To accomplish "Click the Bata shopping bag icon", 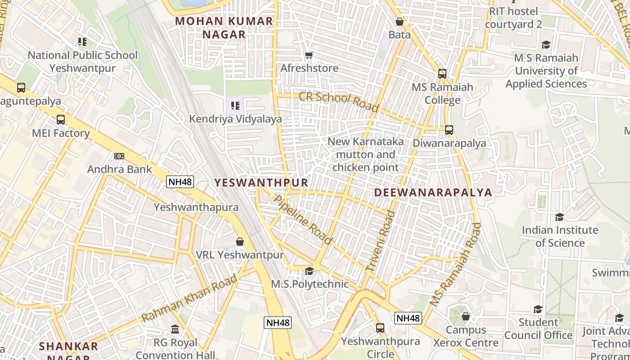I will coord(399,22).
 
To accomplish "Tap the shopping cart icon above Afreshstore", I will coord(309,55).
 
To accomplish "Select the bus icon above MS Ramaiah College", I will coord(442,74).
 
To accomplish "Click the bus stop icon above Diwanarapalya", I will coord(449,130).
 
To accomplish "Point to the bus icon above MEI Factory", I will coord(61,120).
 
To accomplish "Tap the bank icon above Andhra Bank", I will coord(119,156).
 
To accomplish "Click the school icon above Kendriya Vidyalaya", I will coord(235,106).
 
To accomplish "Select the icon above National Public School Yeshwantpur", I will coord(82,42).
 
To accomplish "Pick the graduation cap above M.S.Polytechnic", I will coord(309,271).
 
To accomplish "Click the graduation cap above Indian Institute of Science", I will coord(559,217).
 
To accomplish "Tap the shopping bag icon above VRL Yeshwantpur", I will coord(240,242).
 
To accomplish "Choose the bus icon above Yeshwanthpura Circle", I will coord(380,328).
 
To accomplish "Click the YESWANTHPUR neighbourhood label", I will coord(261,182).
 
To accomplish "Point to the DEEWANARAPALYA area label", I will coord(433,193).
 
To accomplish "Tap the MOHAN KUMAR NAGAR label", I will coord(224,27).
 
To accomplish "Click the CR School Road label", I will coord(339,102).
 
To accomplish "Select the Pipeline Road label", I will coord(303,220).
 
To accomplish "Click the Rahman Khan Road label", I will coord(189,298).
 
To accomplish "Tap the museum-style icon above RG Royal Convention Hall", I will coord(175,329).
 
